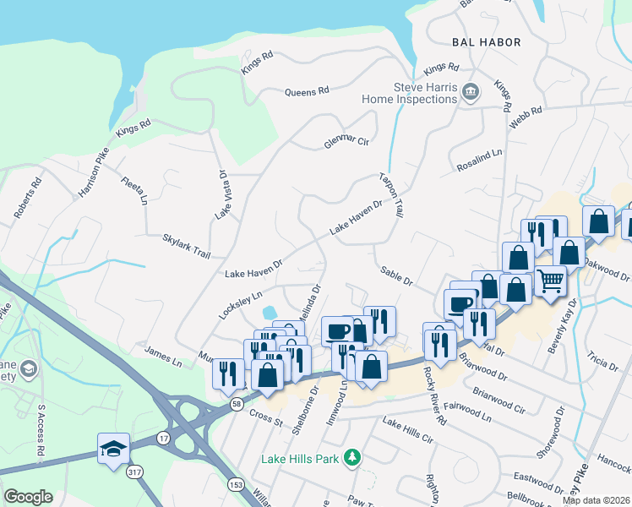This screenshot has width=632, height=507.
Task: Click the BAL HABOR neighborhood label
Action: (x=486, y=41)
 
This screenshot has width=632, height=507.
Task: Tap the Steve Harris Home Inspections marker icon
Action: (x=471, y=90)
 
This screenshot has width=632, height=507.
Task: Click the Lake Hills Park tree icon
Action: (x=352, y=458)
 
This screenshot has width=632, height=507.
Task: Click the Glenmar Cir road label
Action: (x=347, y=143)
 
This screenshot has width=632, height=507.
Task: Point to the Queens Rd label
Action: (x=306, y=92)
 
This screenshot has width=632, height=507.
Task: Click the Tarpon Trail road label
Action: (x=389, y=194)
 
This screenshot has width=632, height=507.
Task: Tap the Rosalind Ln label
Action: (x=479, y=160)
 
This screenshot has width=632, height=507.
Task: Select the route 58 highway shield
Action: (x=235, y=406)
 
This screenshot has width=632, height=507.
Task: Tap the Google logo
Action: (x=28, y=496)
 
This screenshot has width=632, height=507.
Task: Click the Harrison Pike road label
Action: (x=94, y=173)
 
